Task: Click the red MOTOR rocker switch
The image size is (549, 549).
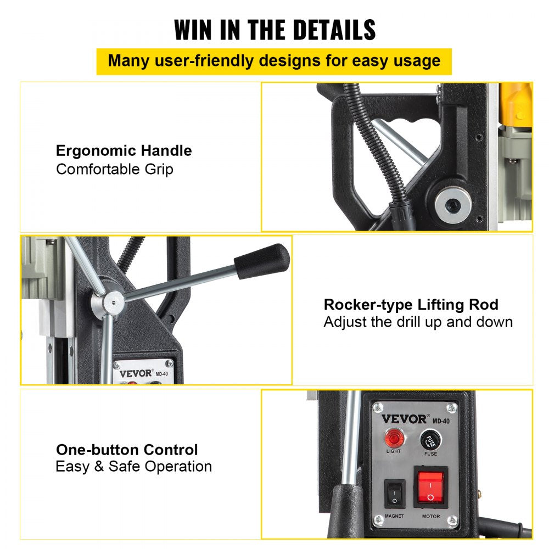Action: point(430,488)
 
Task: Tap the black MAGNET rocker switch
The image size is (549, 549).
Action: point(394,493)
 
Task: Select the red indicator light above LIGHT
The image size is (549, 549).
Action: point(393,439)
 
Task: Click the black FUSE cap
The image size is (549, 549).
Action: point(430,440)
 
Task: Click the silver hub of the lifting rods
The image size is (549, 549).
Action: point(114,300)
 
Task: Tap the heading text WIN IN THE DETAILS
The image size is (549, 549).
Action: point(274,30)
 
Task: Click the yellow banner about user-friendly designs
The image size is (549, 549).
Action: point(274,61)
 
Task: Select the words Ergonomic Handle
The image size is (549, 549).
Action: point(124,150)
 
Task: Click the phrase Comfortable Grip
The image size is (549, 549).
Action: point(115,169)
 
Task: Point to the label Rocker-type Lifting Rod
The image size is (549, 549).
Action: point(411,305)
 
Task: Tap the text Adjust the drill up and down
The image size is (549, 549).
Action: point(418,322)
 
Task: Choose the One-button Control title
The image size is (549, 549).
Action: point(127,450)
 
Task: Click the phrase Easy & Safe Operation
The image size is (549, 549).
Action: point(133,467)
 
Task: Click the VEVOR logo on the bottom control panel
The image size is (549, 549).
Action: point(404,419)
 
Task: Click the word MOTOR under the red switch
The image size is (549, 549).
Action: point(430,516)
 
